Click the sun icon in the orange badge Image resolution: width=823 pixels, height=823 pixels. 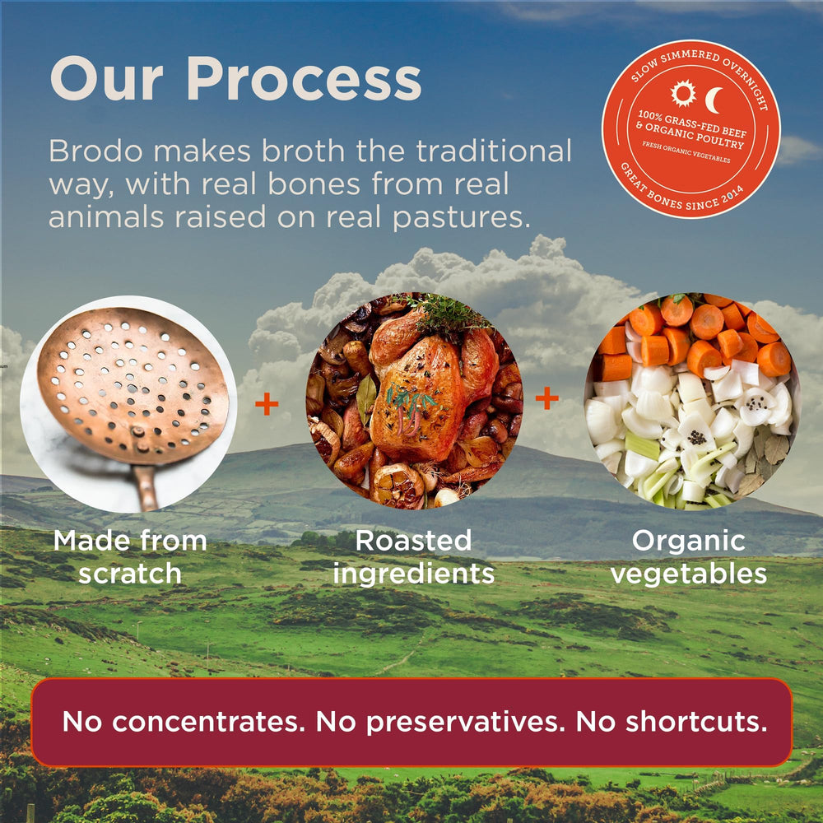click(682, 94)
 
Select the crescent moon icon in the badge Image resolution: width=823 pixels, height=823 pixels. click(714, 98)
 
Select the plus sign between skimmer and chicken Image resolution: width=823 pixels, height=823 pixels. click(267, 403)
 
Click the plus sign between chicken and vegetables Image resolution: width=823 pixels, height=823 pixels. click(546, 399)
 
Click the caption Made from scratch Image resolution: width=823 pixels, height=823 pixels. click(130, 557)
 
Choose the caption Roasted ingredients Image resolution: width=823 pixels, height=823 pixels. click(414, 557)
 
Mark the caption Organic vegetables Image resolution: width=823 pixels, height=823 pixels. click(689, 557)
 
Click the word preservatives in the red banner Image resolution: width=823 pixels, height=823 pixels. click(464, 722)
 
